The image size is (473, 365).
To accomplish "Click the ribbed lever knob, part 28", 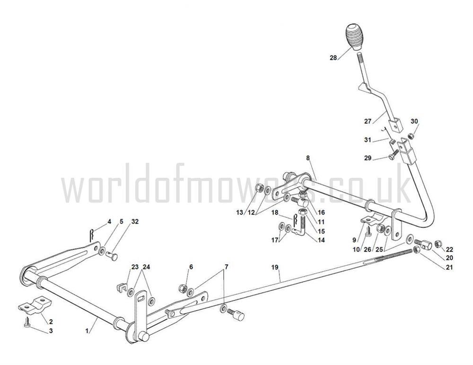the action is pyautogui.click(x=354, y=36).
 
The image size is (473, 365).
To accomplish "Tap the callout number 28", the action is pyautogui.click(x=333, y=58).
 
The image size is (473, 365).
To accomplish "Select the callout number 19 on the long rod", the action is pyautogui.click(x=274, y=267).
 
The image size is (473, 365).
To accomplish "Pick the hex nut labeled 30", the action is pyautogui.click(x=410, y=136).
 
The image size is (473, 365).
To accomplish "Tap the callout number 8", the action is pyautogui.click(x=308, y=158).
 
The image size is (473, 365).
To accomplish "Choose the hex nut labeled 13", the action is pyautogui.click(x=259, y=188).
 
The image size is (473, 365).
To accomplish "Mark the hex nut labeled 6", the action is pyautogui.click(x=183, y=288).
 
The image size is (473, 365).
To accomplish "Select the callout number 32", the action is pyautogui.click(x=135, y=221).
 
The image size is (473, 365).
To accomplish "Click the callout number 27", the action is pyautogui.click(x=368, y=122).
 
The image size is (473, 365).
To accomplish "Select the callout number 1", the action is pyautogui.click(x=87, y=331).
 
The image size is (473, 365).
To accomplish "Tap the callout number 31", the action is pyautogui.click(x=368, y=140).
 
